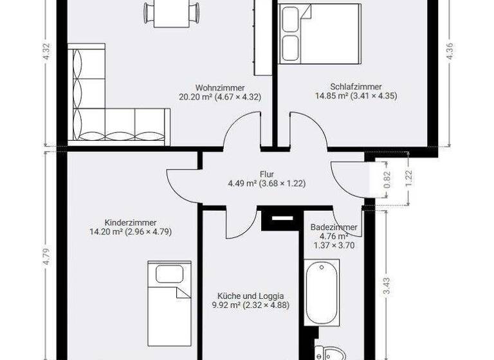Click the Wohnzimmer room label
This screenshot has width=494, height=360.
[x=219, y=87]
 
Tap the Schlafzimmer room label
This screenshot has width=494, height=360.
[x=356, y=86]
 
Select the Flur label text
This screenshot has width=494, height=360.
[x=266, y=174]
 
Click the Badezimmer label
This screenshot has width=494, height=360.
[x=333, y=228]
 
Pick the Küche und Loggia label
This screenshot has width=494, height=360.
[x=250, y=296]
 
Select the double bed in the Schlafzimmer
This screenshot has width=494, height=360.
[x=319, y=32]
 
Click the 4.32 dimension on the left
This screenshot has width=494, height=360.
[x=45, y=51]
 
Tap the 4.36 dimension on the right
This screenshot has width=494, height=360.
[x=448, y=51]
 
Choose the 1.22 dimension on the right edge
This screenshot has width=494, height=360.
[x=409, y=175]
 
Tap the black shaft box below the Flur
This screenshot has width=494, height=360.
[x=280, y=219]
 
